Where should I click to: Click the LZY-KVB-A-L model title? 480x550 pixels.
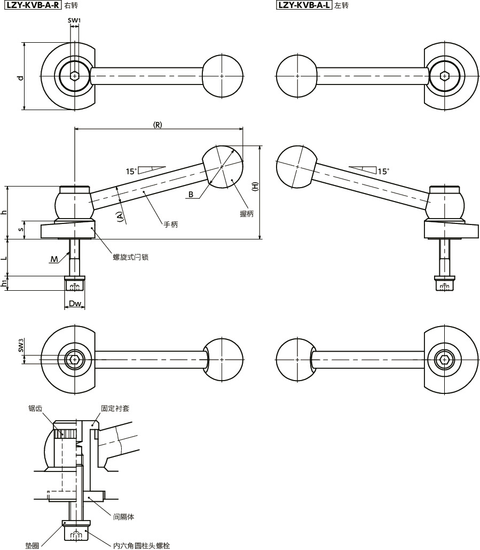[304, 6]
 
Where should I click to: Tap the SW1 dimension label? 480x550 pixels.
[74, 20]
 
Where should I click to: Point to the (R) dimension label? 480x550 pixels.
[158, 125]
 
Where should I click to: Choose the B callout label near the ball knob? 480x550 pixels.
[191, 195]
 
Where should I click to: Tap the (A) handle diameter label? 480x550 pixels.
[120, 216]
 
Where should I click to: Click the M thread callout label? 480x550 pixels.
[54, 259]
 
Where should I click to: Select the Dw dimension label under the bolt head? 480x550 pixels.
[75, 304]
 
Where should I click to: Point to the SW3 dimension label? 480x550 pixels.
[21, 345]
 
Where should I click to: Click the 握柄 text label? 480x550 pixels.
[247, 213]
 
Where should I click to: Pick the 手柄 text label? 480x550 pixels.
[171, 225]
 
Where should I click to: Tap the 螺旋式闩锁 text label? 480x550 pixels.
[130, 257]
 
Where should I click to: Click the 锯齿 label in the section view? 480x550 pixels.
[35, 408]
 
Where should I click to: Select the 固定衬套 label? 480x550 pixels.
[115, 408]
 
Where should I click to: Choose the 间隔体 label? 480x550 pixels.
[123, 517]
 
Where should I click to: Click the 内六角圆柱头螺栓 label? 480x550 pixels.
[141, 546]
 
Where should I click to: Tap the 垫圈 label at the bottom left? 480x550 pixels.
[32, 546]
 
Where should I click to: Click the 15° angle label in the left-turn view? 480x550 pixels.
[383, 172]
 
